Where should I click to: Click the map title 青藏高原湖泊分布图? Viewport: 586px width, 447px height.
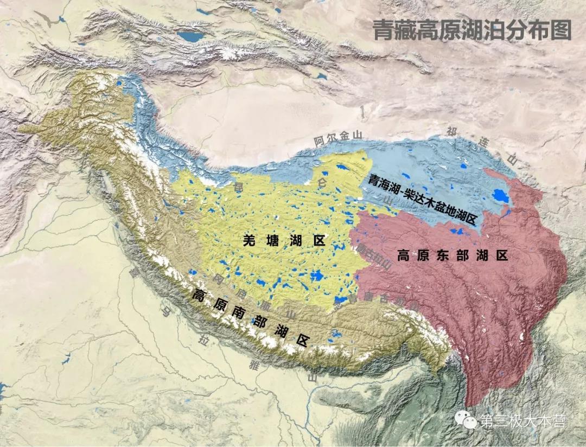click(472, 31)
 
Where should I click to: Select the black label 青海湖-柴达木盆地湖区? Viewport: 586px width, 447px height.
click(421, 200)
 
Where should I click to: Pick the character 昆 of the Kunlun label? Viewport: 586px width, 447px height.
click(237, 188)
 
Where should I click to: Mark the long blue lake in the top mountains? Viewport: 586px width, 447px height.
click(192, 37)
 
